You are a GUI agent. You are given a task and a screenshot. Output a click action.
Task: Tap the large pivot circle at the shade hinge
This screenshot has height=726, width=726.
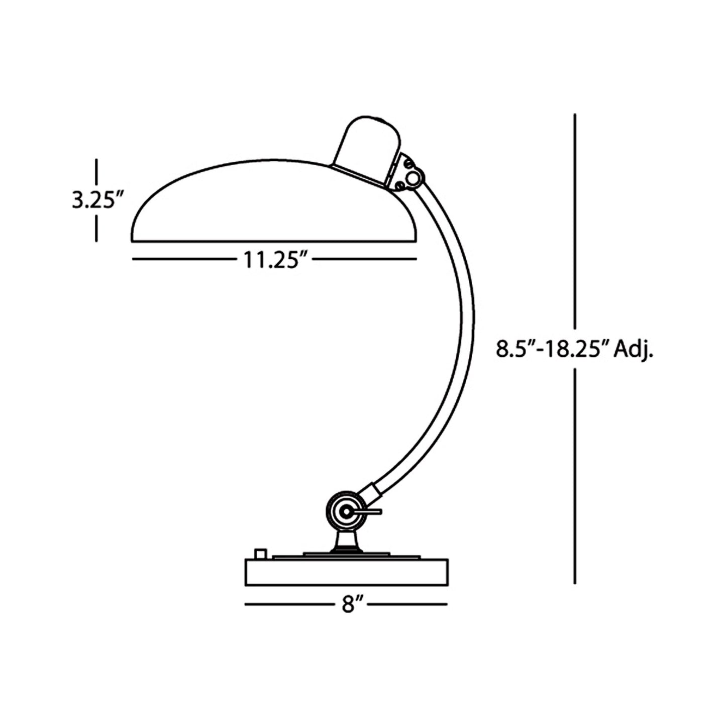pos(414,177)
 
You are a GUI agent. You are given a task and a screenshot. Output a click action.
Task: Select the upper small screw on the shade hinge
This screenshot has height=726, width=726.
pos(409,164)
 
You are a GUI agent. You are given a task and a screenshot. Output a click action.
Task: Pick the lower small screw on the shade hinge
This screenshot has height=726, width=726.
pos(399,186)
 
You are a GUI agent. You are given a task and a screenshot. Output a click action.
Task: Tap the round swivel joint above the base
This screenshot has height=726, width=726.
pos(345,511)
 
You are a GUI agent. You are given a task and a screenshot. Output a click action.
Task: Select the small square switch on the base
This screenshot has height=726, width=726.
pos(260,554)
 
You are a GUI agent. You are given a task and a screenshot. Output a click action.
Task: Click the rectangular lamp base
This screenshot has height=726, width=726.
pos(346,572)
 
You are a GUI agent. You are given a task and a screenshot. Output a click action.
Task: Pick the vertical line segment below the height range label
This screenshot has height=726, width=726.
pos(575,477)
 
